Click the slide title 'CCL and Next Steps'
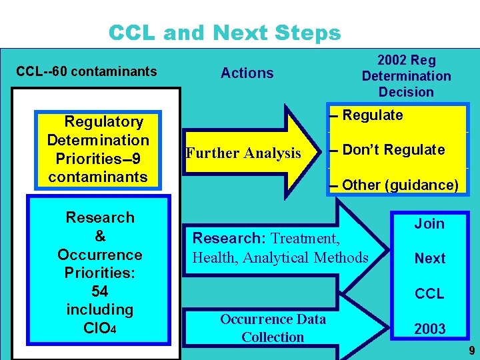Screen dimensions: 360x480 (x=224, y=33)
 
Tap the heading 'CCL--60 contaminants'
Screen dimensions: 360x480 (x=87, y=71)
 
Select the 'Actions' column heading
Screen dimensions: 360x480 (x=247, y=73)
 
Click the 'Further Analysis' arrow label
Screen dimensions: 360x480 (x=243, y=153)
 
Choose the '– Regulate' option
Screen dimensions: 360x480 (x=372, y=115)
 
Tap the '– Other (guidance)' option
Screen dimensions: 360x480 (x=393, y=185)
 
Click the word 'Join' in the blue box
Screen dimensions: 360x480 (x=429, y=224)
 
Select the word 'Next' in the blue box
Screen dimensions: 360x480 (x=429, y=259)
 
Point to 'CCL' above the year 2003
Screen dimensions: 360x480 (x=429, y=293)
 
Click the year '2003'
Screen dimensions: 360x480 (x=429, y=329)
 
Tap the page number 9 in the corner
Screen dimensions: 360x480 (x=471, y=350)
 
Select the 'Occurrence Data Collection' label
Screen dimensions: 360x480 (x=273, y=328)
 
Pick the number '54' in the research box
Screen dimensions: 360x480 (x=99, y=291)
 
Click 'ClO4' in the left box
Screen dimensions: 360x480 (x=99, y=328)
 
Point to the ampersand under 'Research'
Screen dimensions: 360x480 (x=99, y=236)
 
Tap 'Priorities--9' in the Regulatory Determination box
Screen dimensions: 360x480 (x=98, y=159)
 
